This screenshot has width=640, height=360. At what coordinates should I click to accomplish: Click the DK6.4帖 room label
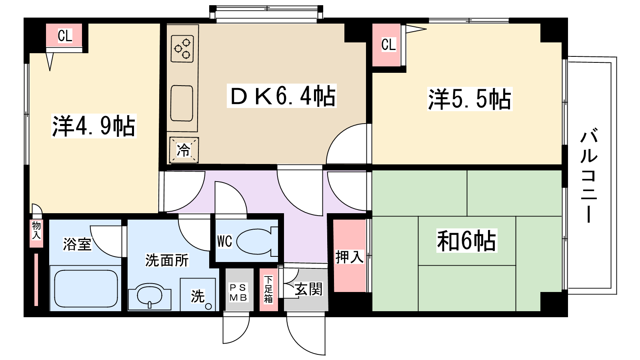click(x=282, y=96)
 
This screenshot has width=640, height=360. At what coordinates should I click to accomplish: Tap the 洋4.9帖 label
click(x=94, y=126)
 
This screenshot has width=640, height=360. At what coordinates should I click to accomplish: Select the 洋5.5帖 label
click(x=470, y=99)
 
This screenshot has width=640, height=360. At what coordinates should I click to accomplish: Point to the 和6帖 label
click(x=467, y=240)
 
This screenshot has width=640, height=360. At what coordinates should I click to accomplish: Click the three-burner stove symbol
click(x=182, y=49)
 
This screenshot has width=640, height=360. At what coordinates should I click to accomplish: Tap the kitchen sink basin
click(x=182, y=104)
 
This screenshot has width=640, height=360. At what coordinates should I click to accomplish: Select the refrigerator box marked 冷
click(x=184, y=150)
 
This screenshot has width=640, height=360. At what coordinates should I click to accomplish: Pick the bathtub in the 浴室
click(x=86, y=288)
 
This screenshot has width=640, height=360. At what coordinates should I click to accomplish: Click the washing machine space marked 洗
click(x=198, y=294)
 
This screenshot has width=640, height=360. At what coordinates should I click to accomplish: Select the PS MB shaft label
click(x=238, y=292)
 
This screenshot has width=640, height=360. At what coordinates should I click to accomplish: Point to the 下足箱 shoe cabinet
click(x=268, y=290)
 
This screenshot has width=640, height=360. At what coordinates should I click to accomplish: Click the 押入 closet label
click(x=350, y=256)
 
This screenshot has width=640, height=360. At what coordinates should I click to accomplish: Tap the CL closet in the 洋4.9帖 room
click(x=64, y=36)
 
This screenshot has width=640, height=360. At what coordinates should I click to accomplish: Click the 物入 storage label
click(x=36, y=230)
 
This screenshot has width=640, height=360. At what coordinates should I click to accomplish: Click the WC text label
click(x=224, y=242)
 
